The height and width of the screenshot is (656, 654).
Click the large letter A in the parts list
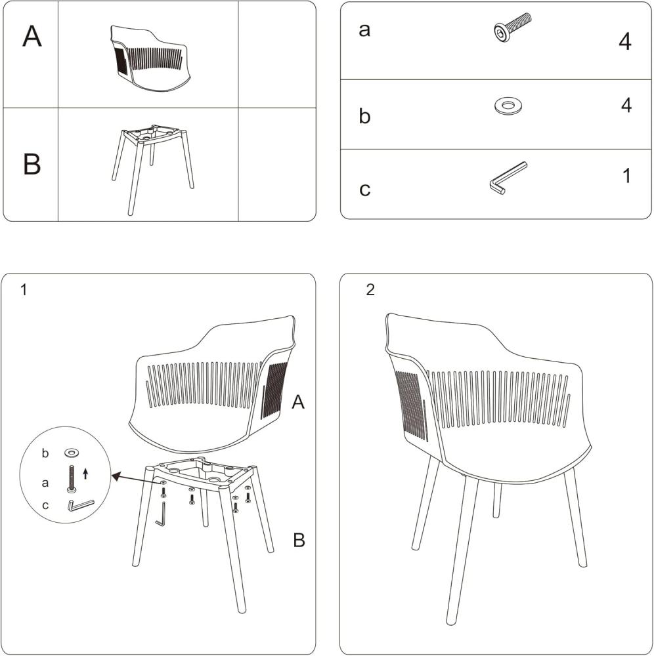tap(32, 36)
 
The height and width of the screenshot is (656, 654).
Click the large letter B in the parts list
tap(32, 164)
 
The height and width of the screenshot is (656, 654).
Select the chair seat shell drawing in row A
tap(150, 59)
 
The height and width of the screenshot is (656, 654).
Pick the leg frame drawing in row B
tap(153, 169)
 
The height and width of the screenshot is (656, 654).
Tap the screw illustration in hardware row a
tap(512, 27)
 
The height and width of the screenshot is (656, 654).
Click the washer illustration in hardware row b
tap(508, 106)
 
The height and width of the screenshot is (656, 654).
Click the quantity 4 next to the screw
tap(624, 41)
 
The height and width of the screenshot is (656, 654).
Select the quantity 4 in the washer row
tap(626, 105)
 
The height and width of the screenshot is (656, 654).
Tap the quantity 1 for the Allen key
tap(627, 176)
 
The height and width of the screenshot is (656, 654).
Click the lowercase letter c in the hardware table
tap(364, 189)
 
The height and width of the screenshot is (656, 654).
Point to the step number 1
tap(24, 289)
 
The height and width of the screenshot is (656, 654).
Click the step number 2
tap(370, 289)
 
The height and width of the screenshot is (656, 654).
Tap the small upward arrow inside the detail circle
tap(86, 474)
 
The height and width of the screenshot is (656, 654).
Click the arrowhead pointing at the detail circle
tap(115, 476)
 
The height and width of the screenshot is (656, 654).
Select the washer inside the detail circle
tap(72, 452)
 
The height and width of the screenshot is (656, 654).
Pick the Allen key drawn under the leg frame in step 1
tap(161, 514)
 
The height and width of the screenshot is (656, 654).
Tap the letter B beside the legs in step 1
tap(299, 540)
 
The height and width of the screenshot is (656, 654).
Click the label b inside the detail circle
tap(45, 453)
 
